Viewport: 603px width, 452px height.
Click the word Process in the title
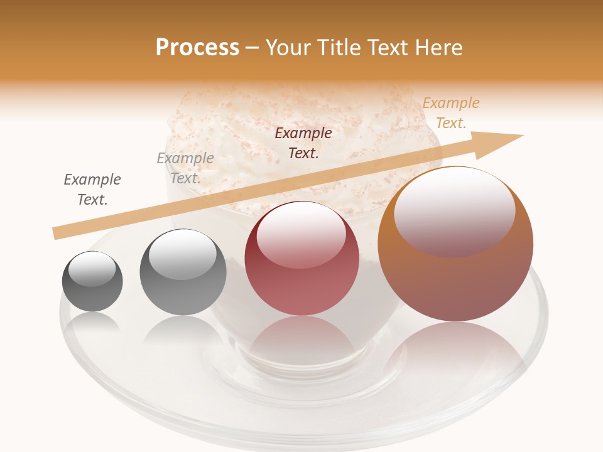pos(197,48)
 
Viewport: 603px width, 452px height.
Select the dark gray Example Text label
pos(92,190)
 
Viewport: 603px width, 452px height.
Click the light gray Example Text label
pos(185,168)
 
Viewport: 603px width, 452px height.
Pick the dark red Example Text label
pos(303,143)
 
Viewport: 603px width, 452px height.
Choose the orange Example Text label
pos(450,113)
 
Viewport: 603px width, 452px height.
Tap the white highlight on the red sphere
pos(301,234)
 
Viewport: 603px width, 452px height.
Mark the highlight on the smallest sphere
pos(92,269)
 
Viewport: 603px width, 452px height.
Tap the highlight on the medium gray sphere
pos(182,254)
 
